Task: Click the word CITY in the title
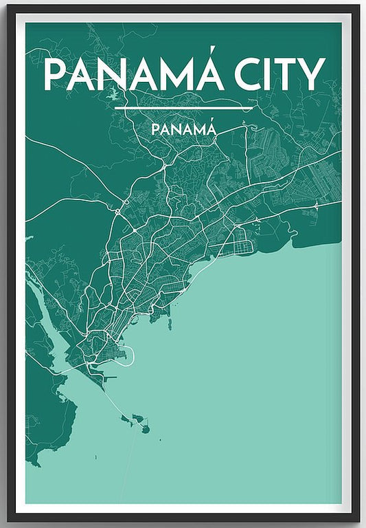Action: (283, 74)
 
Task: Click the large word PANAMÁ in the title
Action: (134, 74)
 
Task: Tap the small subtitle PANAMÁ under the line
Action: (184, 129)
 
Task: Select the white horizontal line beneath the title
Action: (184, 108)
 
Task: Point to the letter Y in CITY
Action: (312, 74)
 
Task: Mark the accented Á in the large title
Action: (207, 73)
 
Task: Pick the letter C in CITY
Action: (251, 74)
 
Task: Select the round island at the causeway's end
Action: (146, 430)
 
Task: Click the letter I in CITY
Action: (271, 74)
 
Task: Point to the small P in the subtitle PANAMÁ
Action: (155, 129)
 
